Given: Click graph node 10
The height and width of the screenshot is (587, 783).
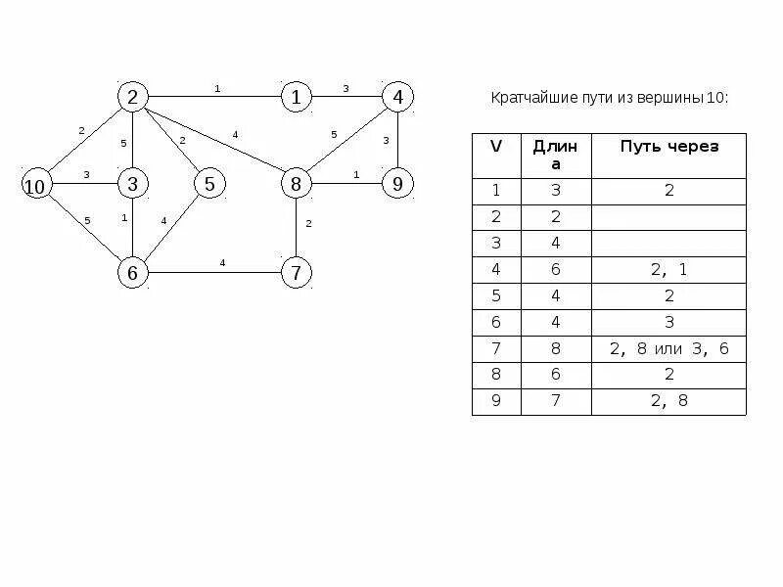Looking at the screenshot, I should click(x=36, y=185).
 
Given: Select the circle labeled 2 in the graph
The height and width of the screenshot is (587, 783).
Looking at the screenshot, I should click(x=132, y=97).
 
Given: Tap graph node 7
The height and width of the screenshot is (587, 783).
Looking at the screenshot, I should click(x=296, y=273).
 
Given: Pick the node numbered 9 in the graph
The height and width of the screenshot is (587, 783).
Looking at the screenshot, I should click(x=396, y=184).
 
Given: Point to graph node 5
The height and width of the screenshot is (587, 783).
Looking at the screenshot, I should click(x=208, y=184).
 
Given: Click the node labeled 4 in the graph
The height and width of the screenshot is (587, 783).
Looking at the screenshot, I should click(x=397, y=97).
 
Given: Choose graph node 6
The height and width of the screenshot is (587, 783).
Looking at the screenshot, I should click(x=132, y=273).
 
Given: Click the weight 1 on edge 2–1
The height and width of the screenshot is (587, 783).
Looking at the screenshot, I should click(x=217, y=89).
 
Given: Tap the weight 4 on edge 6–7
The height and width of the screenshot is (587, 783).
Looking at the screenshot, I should click(x=222, y=263).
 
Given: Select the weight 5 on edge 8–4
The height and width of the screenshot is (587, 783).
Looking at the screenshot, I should click(x=334, y=134).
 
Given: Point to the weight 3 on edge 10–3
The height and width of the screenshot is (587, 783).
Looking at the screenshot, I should click(x=86, y=175).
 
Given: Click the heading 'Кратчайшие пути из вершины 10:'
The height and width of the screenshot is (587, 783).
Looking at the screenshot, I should click(x=609, y=99).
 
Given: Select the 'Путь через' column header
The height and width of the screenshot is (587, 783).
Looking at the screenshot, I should click(x=668, y=147).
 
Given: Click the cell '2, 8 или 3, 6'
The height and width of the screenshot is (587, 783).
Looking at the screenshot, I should click(x=668, y=349).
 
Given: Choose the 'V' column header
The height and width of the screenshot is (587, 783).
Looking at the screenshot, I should click(x=496, y=147).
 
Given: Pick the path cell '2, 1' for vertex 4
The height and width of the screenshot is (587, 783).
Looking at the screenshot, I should click(x=668, y=270).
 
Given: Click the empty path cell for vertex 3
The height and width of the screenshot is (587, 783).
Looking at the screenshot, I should click(x=668, y=244).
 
